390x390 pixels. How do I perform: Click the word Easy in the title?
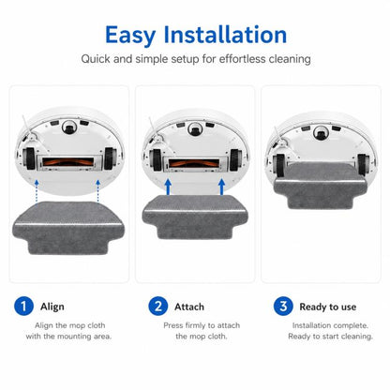(130, 35)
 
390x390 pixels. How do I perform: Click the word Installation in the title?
(225, 34)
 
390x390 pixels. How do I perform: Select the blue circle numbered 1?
(23, 306)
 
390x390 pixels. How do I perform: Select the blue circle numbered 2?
(158, 306)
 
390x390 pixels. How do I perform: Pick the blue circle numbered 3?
(283, 306)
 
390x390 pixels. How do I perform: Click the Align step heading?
(52, 307)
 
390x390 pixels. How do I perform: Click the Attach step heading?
(189, 307)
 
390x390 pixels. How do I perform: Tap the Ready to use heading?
(328, 307)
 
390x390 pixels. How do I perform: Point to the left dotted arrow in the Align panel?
(37, 190)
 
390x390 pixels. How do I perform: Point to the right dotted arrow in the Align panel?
(97, 190)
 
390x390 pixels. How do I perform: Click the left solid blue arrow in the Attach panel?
(168, 187)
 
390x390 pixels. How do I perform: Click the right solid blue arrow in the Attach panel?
(221, 187)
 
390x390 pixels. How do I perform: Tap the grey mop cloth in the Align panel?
(68, 228)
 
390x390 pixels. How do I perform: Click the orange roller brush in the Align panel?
(68, 162)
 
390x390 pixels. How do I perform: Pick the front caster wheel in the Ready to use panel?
(321, 132)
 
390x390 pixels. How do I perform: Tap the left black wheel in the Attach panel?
(157, 159)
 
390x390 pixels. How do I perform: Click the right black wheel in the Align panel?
(110, 158)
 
